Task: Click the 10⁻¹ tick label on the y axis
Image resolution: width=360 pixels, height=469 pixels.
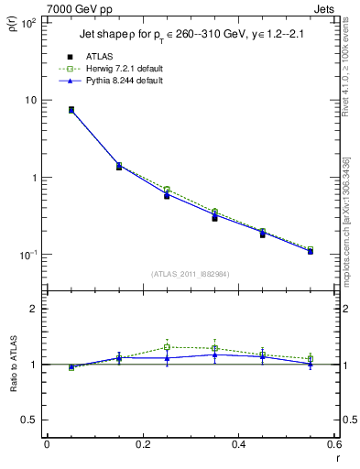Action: [27, 255]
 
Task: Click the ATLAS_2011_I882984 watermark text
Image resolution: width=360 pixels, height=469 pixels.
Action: [190, 274]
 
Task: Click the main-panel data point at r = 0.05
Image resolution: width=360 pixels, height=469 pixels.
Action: [71, 110]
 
